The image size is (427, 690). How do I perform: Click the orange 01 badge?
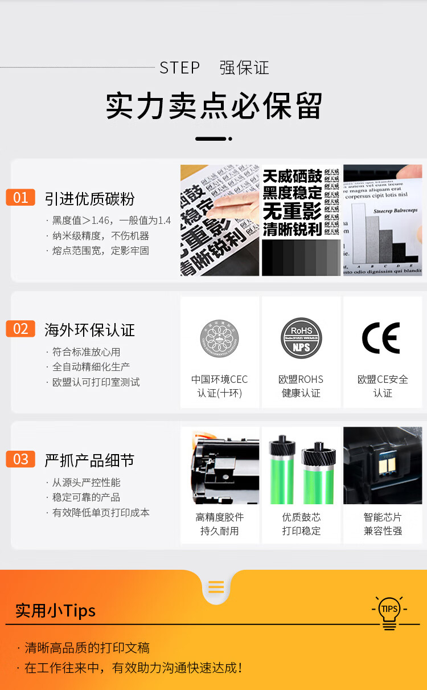coord(20,198)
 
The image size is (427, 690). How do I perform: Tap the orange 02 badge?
coord(20,329)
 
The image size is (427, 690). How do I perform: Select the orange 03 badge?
coord(20,459)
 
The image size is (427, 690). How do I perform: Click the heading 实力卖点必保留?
coord(213,105)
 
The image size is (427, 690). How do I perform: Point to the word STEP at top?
coord(179,68)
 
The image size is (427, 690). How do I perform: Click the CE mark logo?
coord(381,338)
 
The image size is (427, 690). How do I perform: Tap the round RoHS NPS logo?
coord(301,338)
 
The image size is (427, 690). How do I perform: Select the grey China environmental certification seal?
coord(219,339)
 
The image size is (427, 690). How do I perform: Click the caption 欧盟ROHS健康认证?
coord(301,386)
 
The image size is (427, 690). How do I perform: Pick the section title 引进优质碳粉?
coord(89,199)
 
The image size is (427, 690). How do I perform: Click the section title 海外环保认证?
coord(89,330)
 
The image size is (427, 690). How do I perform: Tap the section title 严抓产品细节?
coord(89,460)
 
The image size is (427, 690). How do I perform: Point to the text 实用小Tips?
coord(55,611)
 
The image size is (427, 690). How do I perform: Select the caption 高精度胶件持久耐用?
coord(220,524)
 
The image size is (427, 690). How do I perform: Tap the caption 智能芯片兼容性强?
coord(383,524)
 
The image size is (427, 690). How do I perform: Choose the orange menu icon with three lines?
coord(216,587)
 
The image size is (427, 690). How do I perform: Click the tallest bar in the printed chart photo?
coord(358,233)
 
